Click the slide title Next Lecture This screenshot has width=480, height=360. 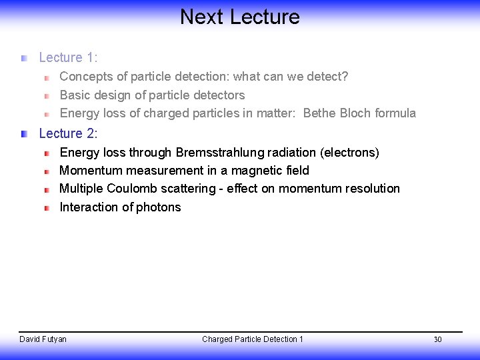tap(239, 17)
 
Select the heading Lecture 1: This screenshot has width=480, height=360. tap(68, 58)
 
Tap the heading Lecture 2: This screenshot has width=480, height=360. tap(68, 134)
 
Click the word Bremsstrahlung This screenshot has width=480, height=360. tap(213, 153)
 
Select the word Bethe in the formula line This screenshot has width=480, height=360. tap(319, 113)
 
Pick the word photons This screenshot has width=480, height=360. tap(159, 207)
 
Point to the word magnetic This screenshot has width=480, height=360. tap(256, 171)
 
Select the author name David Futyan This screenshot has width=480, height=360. tap(43, 339)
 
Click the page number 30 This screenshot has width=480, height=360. tap(437, 340)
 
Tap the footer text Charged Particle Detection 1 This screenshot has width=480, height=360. tap(252, 339)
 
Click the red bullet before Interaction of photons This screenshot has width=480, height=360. tap(47, 208)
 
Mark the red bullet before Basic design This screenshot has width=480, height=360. tap(47, 96)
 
